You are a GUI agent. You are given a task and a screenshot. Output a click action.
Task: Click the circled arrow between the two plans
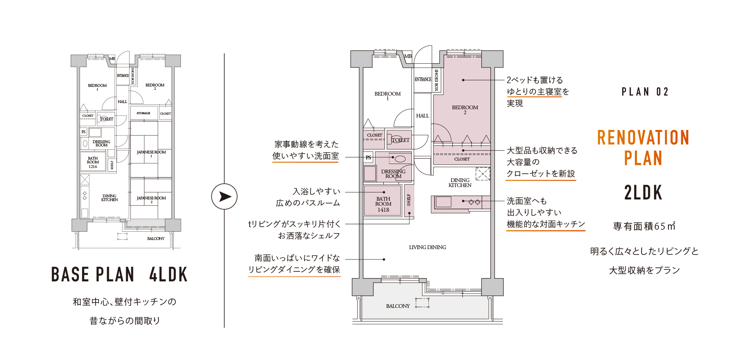[224, 196]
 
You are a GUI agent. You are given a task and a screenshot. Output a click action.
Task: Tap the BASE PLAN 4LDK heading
[119, 274]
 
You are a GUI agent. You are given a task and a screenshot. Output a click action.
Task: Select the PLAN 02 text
[645, 92]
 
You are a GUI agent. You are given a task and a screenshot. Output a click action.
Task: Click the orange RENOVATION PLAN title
[643, 148]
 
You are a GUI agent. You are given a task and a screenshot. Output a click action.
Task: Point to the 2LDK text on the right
[643, 193]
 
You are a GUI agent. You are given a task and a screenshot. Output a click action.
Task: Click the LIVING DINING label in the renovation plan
[428, 247]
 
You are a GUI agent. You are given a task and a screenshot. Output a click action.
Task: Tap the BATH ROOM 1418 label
[383, 204]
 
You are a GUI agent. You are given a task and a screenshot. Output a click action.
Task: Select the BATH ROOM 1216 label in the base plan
[93, 162]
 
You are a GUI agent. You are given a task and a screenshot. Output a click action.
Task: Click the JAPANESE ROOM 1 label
[151, 154]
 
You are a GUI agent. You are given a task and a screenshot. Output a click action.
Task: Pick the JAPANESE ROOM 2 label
[151, 200]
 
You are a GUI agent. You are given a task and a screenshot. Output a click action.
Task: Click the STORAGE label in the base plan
[143, 113]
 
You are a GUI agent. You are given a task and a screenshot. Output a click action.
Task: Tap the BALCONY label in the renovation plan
[398, 306]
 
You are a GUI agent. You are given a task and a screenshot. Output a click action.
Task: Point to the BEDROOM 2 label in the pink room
[465, 109]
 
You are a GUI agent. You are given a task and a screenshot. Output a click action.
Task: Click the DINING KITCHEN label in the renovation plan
[460, 183]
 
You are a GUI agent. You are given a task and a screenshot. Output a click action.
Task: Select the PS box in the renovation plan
[368, 157]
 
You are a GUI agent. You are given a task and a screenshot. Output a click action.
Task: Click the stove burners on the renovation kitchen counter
[474, 202]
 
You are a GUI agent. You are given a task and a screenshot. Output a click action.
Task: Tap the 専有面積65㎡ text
[644, 226]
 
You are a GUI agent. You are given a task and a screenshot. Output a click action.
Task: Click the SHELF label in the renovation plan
[409, 200]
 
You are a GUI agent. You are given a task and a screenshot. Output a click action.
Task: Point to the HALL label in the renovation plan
[423, 116]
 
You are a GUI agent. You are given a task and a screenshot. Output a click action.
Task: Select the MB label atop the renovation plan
[408, 56]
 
